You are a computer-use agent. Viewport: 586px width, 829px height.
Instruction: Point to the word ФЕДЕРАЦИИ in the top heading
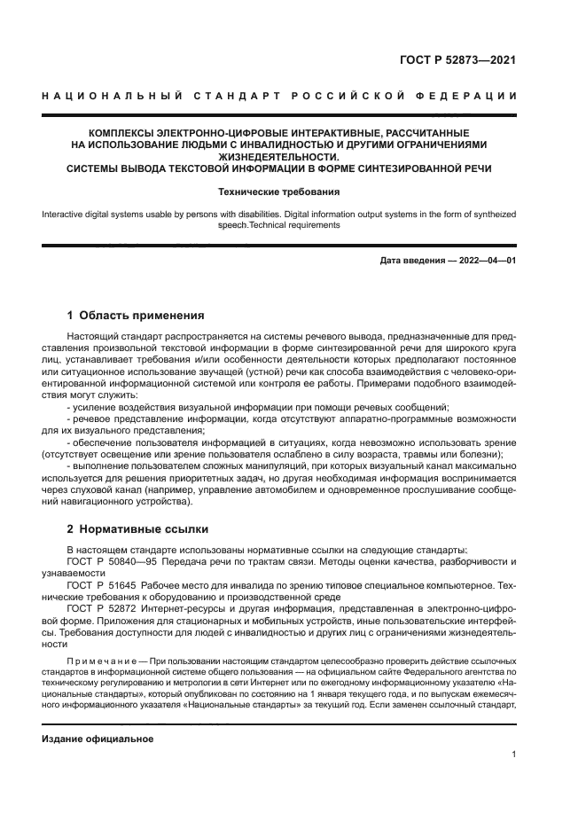[x=473, y=95]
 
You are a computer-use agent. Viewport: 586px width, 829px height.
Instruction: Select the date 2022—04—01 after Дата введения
[x=486, y=261]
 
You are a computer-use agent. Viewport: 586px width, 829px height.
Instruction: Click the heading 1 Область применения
[x=137, y=315]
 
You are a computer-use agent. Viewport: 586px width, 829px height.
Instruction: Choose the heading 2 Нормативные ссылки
[x=138, y=529]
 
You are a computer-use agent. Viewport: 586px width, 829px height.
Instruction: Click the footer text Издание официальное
[x=98, y=739]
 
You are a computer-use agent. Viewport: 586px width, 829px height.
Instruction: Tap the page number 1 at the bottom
[x=514, y=754]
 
